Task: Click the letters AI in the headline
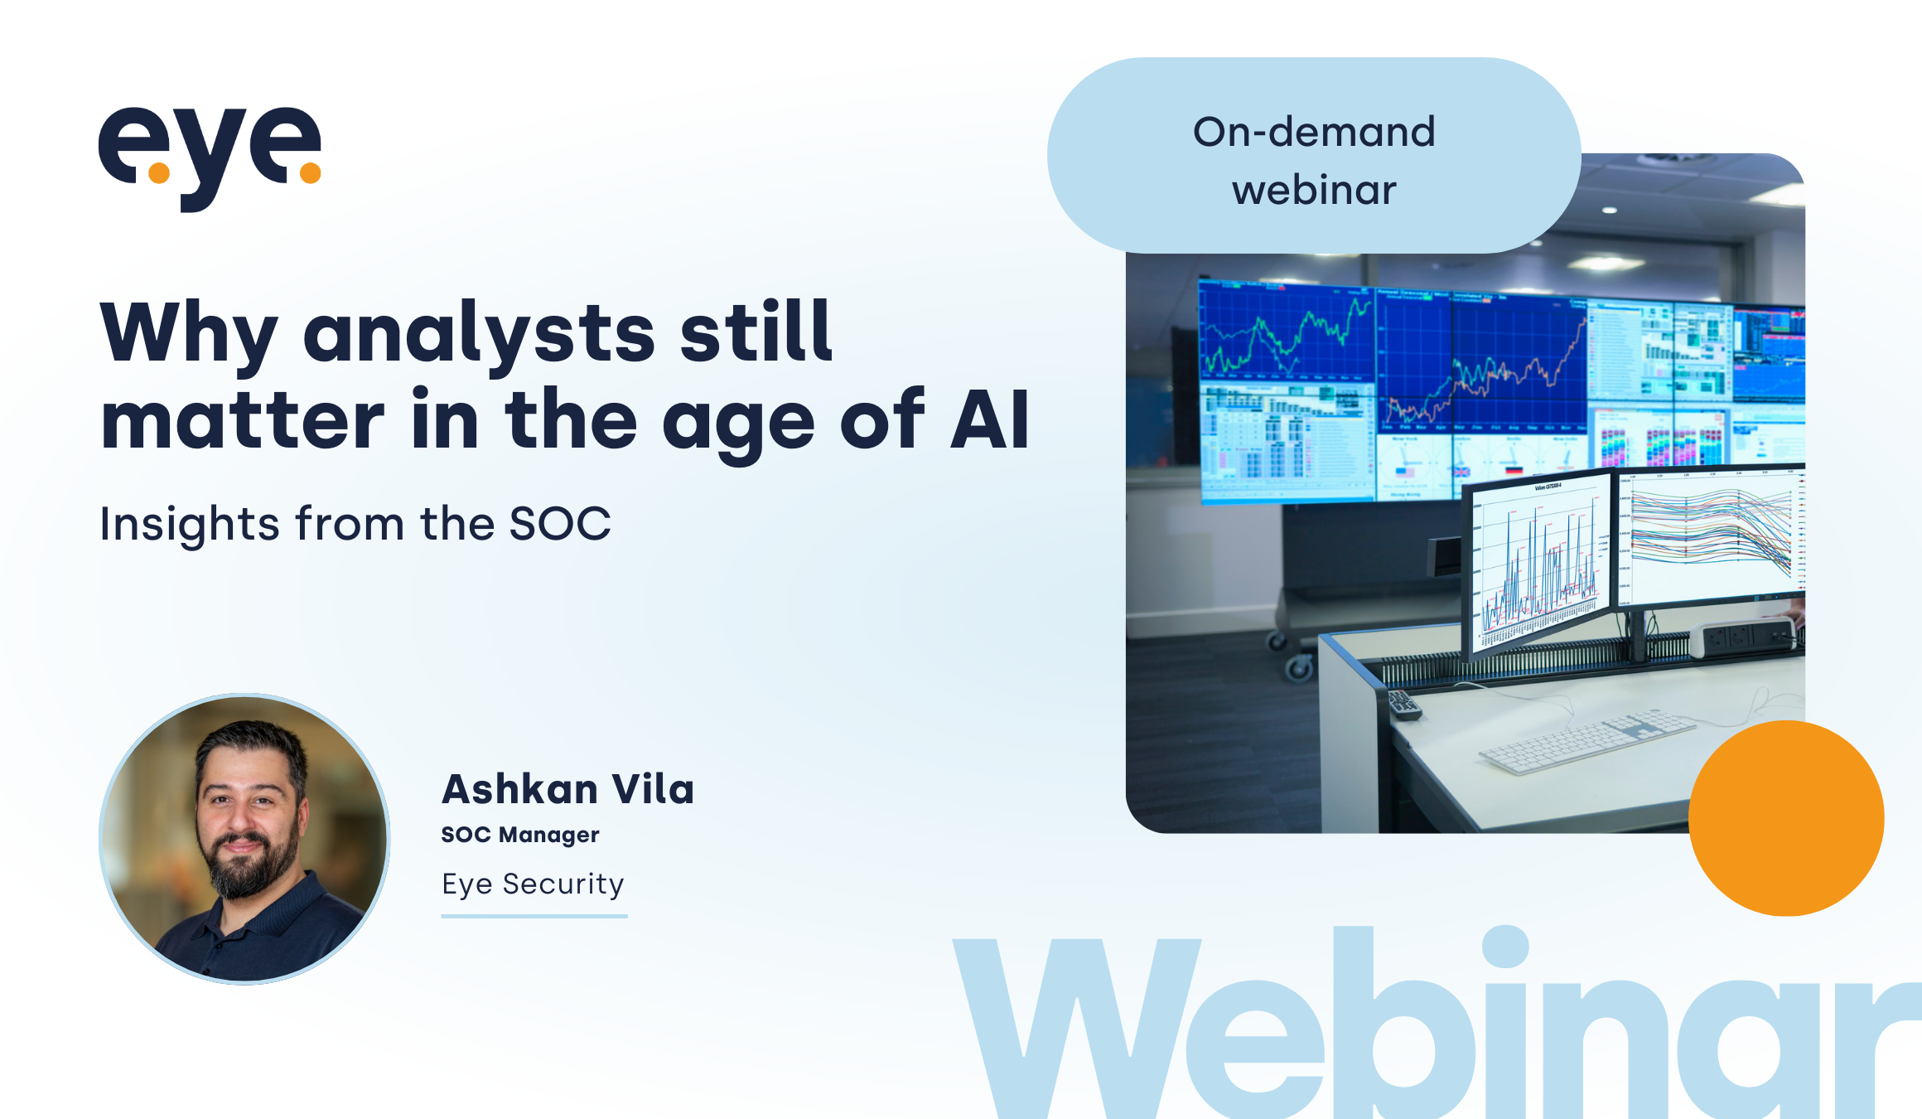(989, 421)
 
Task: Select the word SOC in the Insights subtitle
(559, 524)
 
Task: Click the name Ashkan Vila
(567, 789)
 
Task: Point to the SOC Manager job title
(519, 835)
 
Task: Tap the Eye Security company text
(533, 884)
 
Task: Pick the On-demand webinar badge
(1314, 157)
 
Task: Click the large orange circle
(1786, 818)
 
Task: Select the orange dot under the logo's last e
(310, 172)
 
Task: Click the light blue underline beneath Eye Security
(534, 916)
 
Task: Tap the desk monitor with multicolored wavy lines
(1711, 535)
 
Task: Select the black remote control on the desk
(1405, 705)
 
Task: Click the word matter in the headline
(242, 421)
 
